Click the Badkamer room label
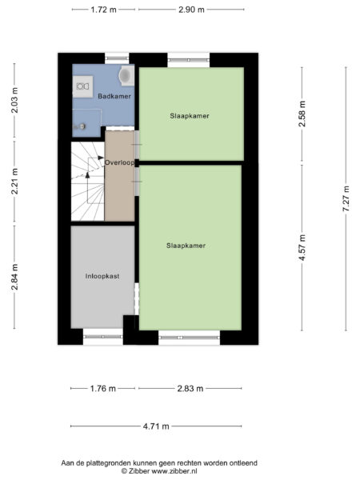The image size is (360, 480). (114, 96)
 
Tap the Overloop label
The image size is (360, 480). (119, 162)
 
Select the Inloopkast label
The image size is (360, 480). (102, 276)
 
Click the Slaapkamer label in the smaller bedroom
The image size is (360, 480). (190, 115)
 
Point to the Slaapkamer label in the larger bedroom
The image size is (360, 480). (187, 246)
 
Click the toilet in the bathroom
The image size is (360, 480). (125, 75)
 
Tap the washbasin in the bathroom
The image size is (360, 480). (84, 86)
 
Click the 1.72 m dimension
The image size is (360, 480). (102, 10)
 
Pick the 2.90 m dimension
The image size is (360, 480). (189, 10)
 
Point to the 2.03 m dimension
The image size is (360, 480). (14, 100)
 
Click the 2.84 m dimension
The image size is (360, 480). (14, 278)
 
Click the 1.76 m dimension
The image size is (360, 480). (102, 389)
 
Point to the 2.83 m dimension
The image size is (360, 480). (189, 389)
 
